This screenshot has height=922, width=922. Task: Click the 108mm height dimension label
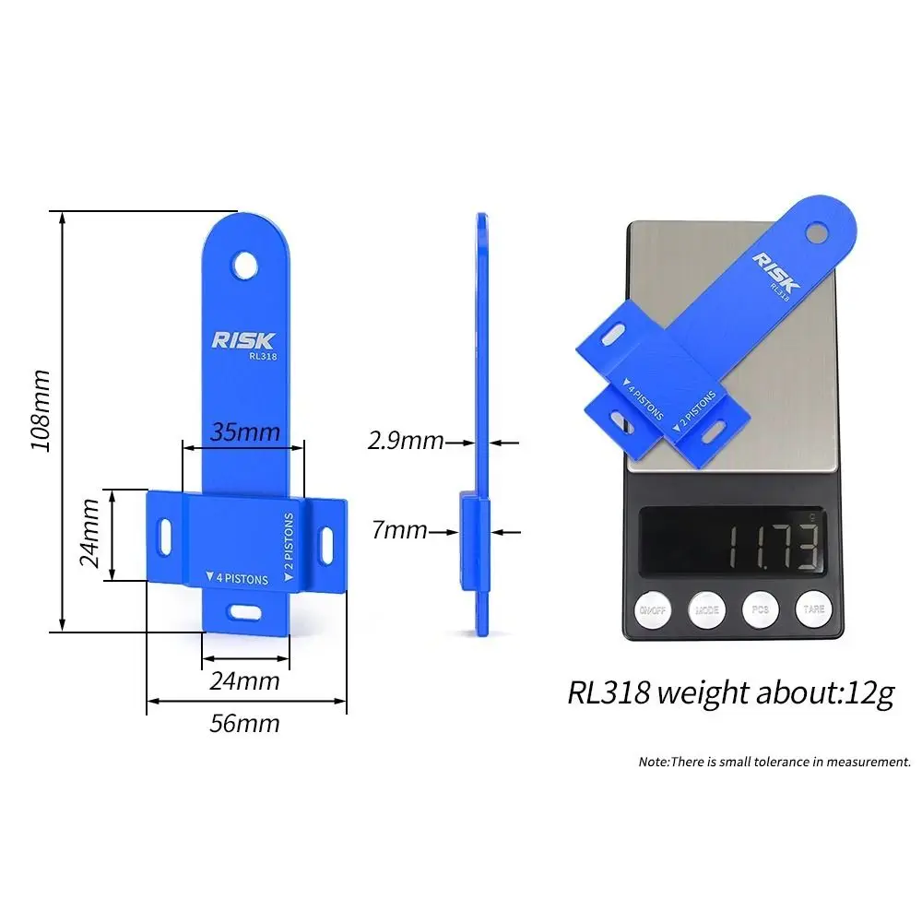(x=40, y=410)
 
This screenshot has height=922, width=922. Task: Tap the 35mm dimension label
(x=244, y=431)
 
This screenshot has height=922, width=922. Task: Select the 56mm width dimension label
(x=244, y=723)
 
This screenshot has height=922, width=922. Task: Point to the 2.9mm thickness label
(x=406, y=441)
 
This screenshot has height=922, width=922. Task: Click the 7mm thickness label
(x=399, y=530)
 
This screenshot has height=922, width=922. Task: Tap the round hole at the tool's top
(x=244, y=266)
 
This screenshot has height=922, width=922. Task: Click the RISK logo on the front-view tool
(x=242, y=340)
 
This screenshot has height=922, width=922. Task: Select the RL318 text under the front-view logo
(x=263, y=356)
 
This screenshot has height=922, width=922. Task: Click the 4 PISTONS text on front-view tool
(x=238, y=578)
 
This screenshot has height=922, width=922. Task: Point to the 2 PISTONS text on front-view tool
(x=288, y=546)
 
